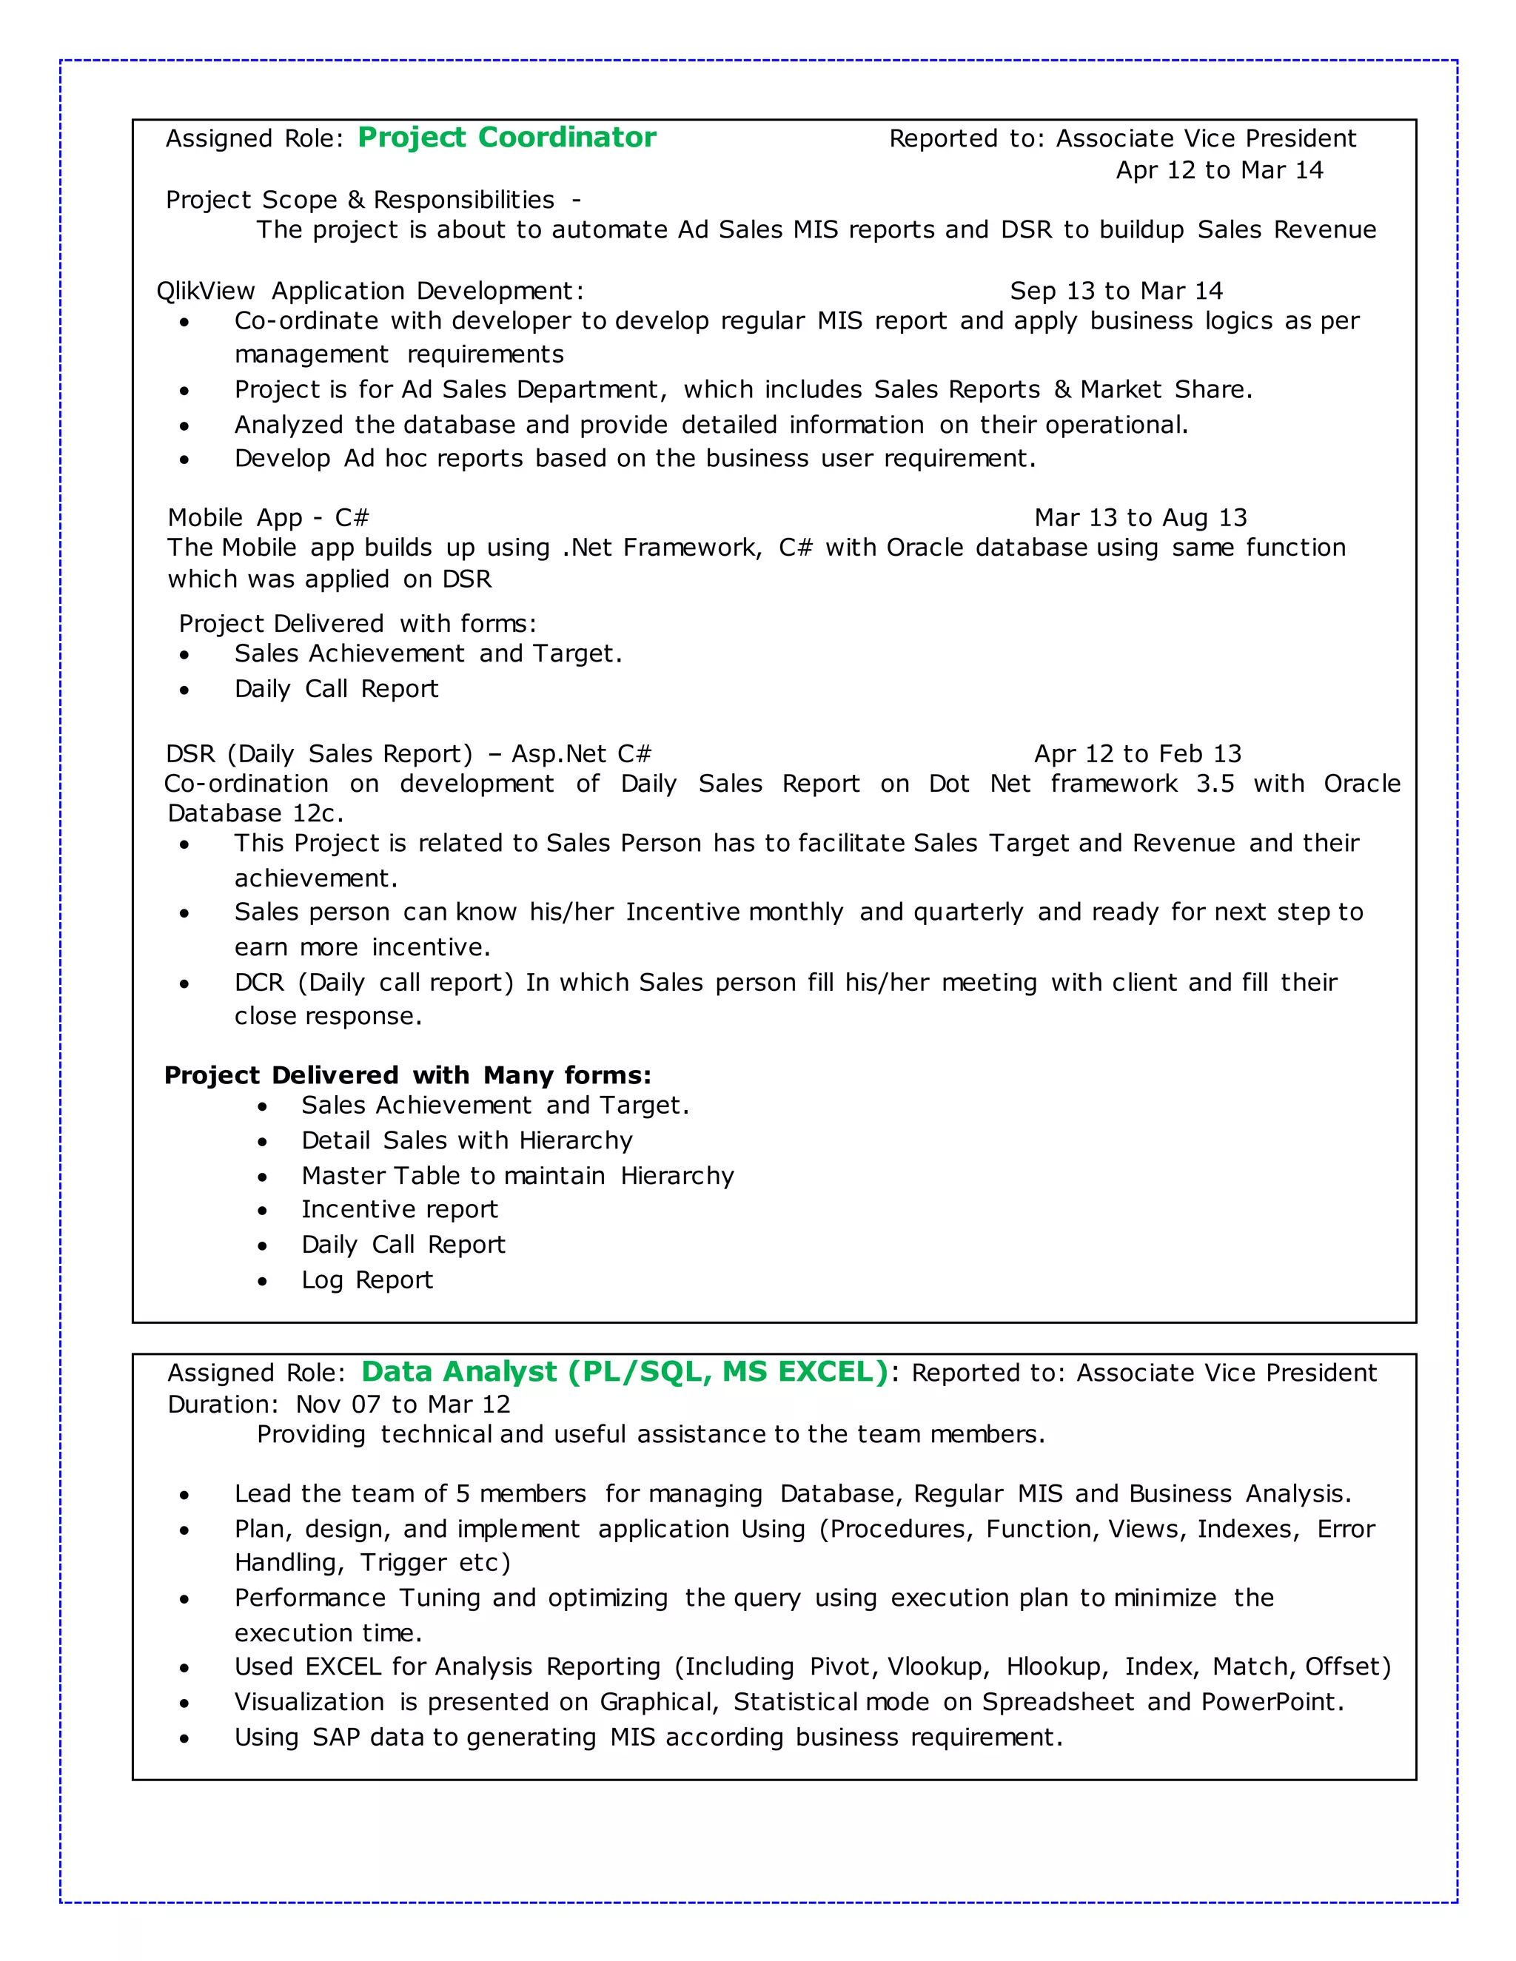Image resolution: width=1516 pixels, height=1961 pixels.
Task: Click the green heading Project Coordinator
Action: point(506,138)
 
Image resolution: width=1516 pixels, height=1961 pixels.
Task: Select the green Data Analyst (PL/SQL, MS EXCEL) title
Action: point(624,1372)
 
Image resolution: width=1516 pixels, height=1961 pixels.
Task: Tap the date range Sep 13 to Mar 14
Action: point(1116,291)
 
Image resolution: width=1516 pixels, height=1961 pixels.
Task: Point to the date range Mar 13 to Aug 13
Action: point(1140,518)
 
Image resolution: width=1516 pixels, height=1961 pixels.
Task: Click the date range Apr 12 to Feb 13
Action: point(1137,754)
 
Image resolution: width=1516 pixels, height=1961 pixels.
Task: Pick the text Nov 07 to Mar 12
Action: point(403,1405)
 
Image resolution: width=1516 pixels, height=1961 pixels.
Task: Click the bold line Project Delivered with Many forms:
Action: point(407,1076)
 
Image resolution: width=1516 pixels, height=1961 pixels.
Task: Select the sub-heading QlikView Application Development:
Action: point(370,291)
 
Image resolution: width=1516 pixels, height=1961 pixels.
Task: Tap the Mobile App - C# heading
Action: point(268,518)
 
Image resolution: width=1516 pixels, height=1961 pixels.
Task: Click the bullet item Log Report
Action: point(366,1280)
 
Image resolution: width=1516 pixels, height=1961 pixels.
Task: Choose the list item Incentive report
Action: point(399,1209)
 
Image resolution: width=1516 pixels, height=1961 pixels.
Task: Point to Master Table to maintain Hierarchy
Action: point(517,1177)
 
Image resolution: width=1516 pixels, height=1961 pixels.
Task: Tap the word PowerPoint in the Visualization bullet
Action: point(1271,1703)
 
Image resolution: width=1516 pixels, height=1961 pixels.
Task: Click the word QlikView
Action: point(206,291)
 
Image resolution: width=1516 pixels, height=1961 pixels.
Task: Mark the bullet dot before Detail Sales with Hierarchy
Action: point(262,1142)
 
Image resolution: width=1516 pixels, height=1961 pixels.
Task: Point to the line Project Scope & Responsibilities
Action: point(360,199)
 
